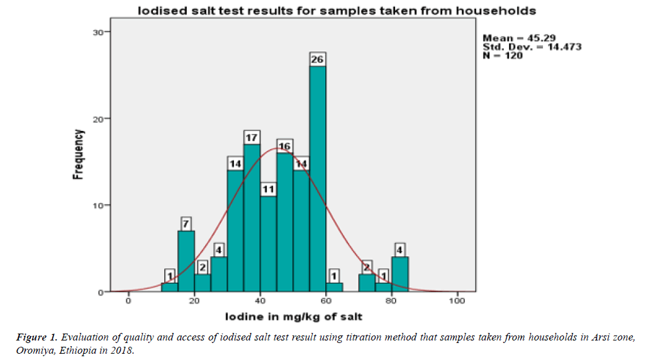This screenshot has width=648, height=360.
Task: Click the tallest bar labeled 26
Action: point(318,179)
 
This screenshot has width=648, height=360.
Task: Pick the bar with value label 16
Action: point(285,223)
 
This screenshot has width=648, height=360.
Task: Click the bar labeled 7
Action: point(186,261)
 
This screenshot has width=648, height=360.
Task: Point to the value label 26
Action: point(318,59)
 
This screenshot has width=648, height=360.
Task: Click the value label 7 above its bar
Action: point(186,223)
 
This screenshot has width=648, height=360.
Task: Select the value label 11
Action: point(269,189)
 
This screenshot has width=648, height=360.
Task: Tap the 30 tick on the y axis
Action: point(101,32)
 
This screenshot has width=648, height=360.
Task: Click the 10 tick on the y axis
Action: point(101,206)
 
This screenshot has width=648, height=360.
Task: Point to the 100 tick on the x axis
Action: point(457,300)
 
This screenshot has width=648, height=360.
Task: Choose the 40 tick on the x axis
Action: point(260,300)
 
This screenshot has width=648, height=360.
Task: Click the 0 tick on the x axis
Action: point(128,300)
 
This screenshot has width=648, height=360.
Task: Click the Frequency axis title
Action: point(79,155)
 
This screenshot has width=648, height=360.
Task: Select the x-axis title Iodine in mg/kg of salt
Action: point(293,316)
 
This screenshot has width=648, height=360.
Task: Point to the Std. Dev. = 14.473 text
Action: point(532,47)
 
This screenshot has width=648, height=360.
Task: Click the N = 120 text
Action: point(503,55)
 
